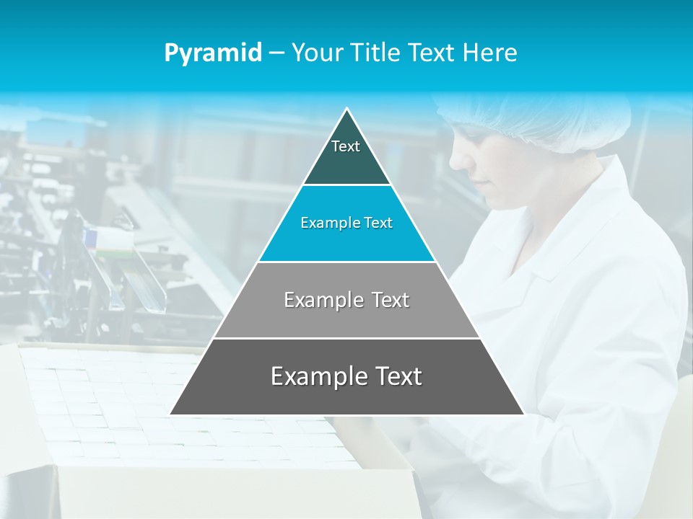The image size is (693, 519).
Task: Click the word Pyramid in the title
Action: [212, 53]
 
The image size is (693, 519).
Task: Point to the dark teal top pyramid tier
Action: [346, 162]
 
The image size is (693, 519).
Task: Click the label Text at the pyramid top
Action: [346, 146]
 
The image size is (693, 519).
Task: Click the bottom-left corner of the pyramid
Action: [171, 414]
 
